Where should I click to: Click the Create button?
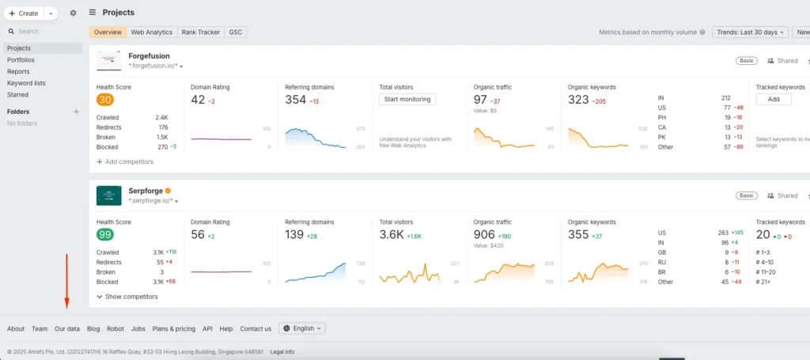(x=24, y=13)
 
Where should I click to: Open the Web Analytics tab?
(x=151, y=32)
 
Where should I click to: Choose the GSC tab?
(x=236, y=32)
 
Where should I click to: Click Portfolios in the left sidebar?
(x=21, y=60)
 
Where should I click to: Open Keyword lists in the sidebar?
(x=26, y=83)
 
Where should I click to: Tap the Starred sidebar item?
(x=17, y=94)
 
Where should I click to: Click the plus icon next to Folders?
(x=77, y=112)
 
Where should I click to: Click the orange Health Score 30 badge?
(x=104, y=100)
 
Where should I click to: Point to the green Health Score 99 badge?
(x=104, y=235)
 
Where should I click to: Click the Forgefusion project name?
(x=150, y=56)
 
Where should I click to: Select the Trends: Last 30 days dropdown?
(x=750, y=32)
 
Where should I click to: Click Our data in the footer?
(x=67, y=328)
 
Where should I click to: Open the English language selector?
(x=302, y=328)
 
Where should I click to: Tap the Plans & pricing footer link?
(x=173, y=328)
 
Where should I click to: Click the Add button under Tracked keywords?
(x=773, y=100)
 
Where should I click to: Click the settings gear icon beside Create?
(x=74, y=13)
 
